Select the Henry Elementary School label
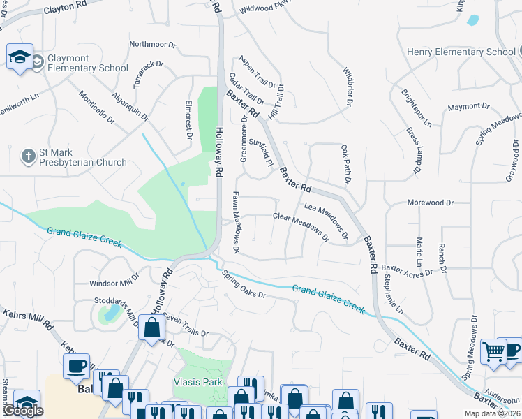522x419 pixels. click(461, 52)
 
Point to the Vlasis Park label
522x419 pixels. click(197, 382)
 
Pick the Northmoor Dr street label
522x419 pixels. click(152, 44)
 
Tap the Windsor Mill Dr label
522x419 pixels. click(115, 284)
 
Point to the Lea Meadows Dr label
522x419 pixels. click(327, 221)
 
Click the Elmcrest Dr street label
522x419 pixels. click(188, 119)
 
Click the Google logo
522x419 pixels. click(23, 410)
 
